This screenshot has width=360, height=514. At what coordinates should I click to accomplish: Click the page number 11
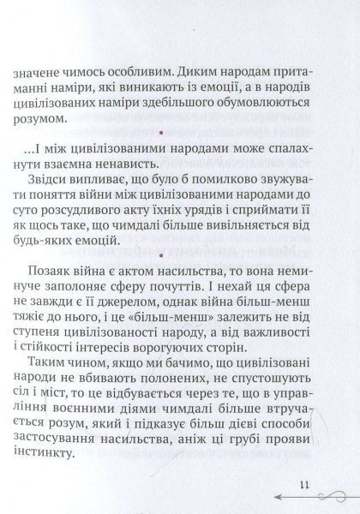tap(303, 485)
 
